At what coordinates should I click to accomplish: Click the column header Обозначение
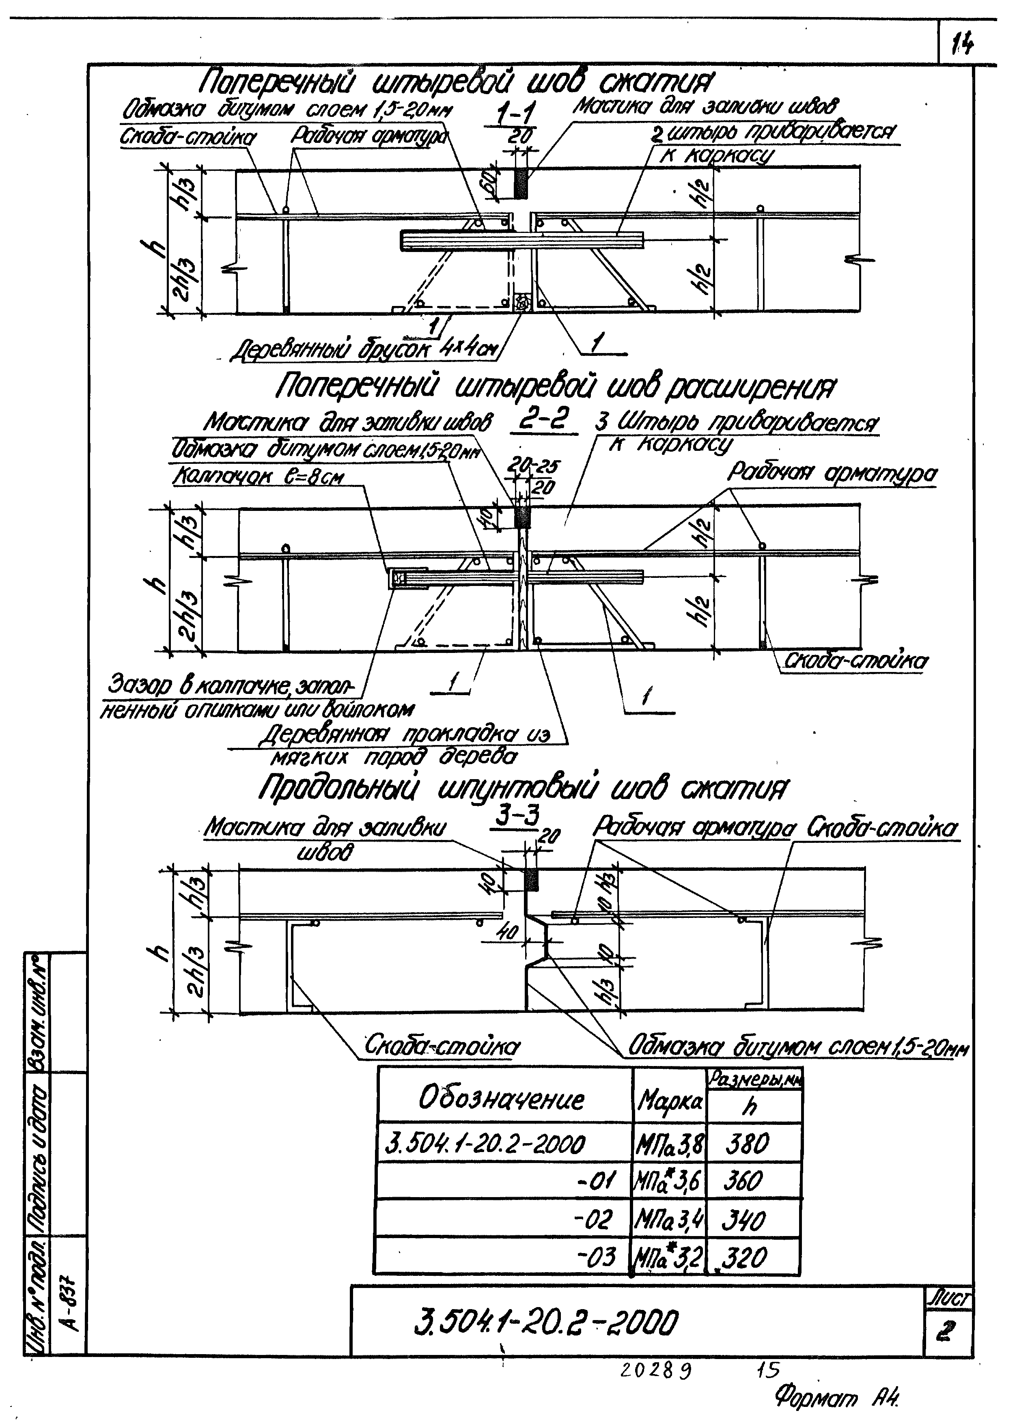pos(501,1100)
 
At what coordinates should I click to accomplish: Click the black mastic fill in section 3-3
pos(531,880)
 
